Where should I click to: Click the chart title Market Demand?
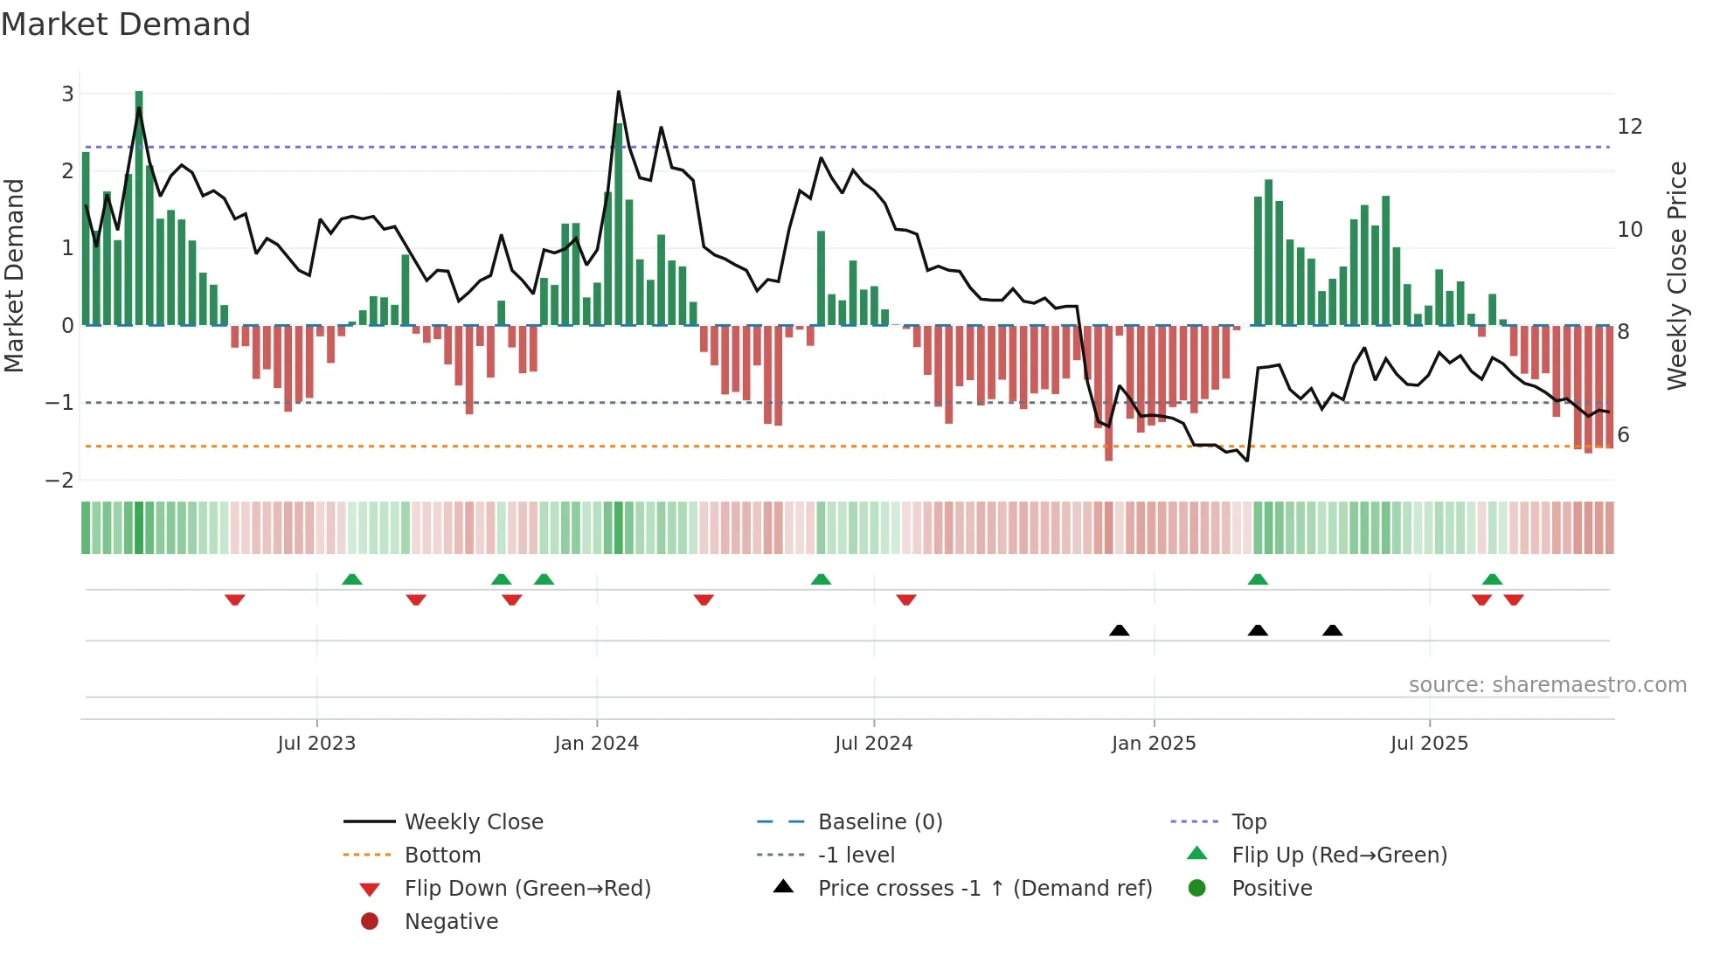click(x=126, y=24)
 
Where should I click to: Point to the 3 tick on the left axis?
click(x=67, y=94)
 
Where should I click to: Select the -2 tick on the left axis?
click(x=60, y=480)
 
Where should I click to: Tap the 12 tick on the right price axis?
click(x=1629, y=127)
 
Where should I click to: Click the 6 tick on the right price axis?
click(x=1623, y=435)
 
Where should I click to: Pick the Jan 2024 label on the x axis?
click(x=596, y=744)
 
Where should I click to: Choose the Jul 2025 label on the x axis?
click(x=1429, y=744)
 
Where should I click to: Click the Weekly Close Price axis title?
click(x=1676, y=275)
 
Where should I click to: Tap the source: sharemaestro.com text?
click(x=1547, y=685)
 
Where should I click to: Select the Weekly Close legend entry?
click(x=473, y=822)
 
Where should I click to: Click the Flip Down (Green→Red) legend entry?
click(x=527, y=889)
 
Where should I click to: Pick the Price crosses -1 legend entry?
click(x=984, y=889)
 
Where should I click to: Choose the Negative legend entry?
click(x=451, y=922)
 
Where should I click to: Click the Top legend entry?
click(x=1248, y=822)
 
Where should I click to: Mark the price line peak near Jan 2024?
click(x=619, y=92)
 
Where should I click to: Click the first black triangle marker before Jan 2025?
click(x=1119, y=630)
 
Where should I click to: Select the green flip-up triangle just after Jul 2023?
click(x=351, y=579)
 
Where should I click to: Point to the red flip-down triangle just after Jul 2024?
click(x=906, y=599)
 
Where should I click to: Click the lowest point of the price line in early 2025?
click(x=1247, y=461)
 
